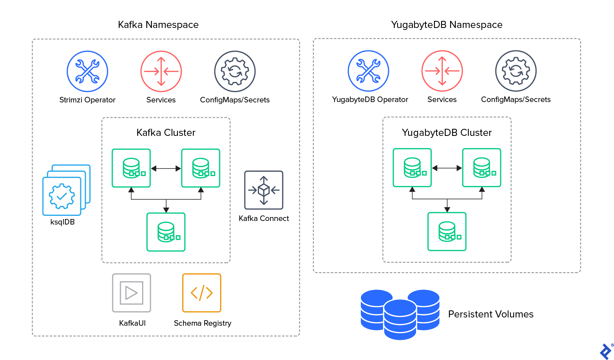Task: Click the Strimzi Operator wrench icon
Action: pos(87,71)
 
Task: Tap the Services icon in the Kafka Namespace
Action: pos(161,71)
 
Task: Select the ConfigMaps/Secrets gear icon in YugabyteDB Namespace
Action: pos(516,71)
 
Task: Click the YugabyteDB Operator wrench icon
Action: pos(368,71)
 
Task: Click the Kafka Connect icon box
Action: pos(264,190)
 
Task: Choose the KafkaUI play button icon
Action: pos(131,293)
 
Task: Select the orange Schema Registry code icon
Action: pos(202,293)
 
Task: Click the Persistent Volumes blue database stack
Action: pos(400,314)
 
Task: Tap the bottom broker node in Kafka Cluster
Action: pos(166,232)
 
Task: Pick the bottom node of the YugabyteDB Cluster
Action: pos(447,232)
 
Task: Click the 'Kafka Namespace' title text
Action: pos(158,25)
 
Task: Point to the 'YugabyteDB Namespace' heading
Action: pos(447,25)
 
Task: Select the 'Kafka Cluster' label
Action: pos(166,133)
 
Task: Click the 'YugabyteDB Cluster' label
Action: pos(447,133)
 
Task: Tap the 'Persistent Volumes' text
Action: pos(491,314)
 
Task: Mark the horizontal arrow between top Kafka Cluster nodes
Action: pos(166,169)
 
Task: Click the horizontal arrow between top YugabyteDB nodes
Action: pos(447,168)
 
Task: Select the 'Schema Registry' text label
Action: pos(202,323)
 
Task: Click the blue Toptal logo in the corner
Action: pos(605,351)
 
